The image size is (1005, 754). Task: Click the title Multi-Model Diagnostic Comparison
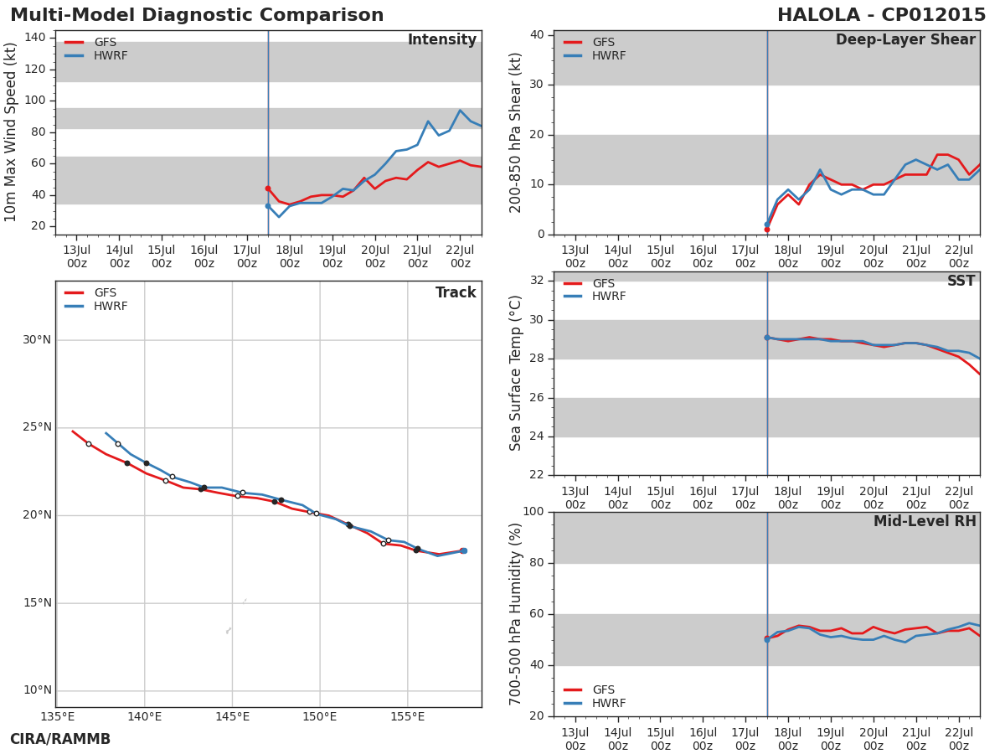[x=197, y=15]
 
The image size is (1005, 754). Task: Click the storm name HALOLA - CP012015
[x=881, y=15]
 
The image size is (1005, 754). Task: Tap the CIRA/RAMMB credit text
[x=60, y=739]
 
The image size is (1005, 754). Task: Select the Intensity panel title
[x=441, y=40]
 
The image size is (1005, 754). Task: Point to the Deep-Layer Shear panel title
[x=905, y=40]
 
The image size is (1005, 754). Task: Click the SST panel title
[x=961, y=281]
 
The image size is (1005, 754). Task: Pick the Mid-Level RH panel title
[x=925, y=522]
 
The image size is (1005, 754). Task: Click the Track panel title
[x=456, y=293]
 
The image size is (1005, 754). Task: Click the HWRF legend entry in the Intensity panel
[x=110, y=56]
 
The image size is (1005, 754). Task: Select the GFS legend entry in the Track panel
[x=105, y=293]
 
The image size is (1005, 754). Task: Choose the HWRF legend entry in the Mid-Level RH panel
[x=608, y=704]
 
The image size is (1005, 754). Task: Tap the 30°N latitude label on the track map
[x=37, y=340]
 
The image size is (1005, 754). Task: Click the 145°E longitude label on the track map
[x=232, y=716]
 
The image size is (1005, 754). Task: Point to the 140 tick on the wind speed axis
[x=35, y=38]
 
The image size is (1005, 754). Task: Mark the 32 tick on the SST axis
[x=537, y=281]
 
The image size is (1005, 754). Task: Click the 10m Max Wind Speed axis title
[x=12, y=132]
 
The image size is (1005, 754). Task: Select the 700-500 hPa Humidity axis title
[x=517, y=614]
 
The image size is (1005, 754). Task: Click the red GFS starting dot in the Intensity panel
[x=268, y=188]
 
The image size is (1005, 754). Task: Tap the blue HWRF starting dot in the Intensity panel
[x=268, y=206]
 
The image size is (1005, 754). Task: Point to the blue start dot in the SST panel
[x=767, y=338]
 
